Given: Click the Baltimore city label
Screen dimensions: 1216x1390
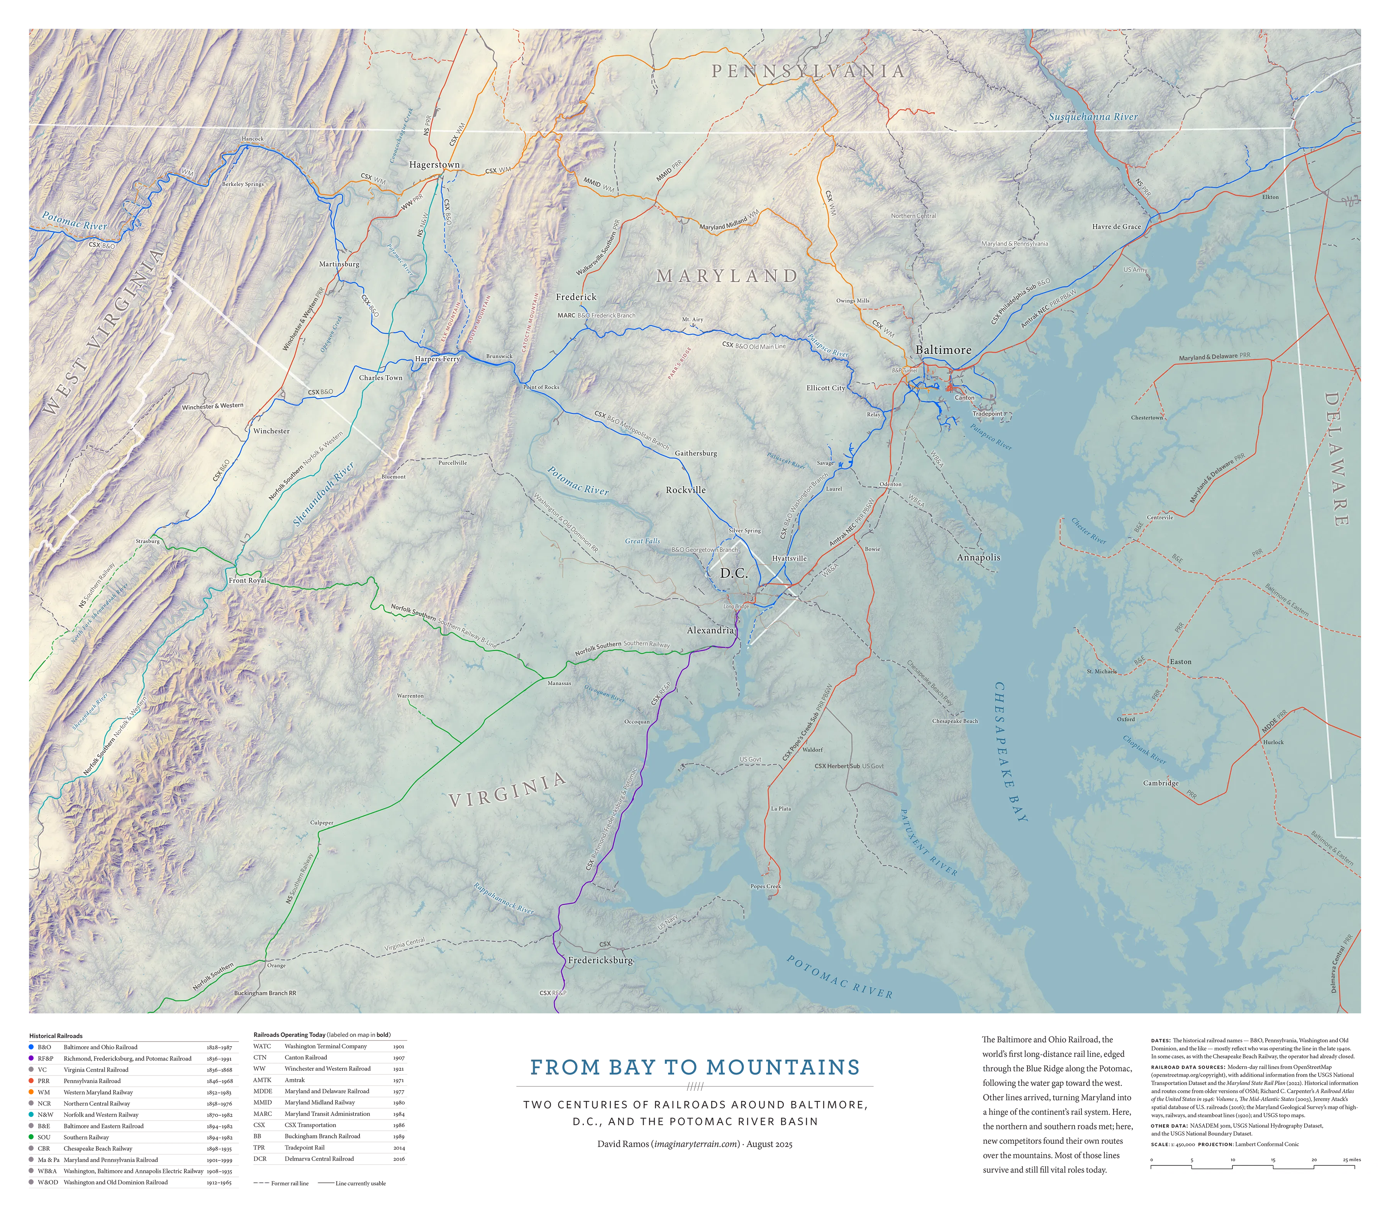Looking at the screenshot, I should pos(943,350).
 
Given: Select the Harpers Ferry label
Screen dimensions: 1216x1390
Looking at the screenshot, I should pos(437,359).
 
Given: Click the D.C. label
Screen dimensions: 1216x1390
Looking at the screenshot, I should pos(734,573).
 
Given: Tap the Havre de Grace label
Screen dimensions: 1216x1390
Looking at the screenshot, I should pos(1117,227).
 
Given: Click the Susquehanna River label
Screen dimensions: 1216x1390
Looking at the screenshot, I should pos(1093,117).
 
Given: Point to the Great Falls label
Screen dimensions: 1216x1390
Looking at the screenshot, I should pos(642,541).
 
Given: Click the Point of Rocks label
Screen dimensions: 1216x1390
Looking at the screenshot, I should pos(541,387).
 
